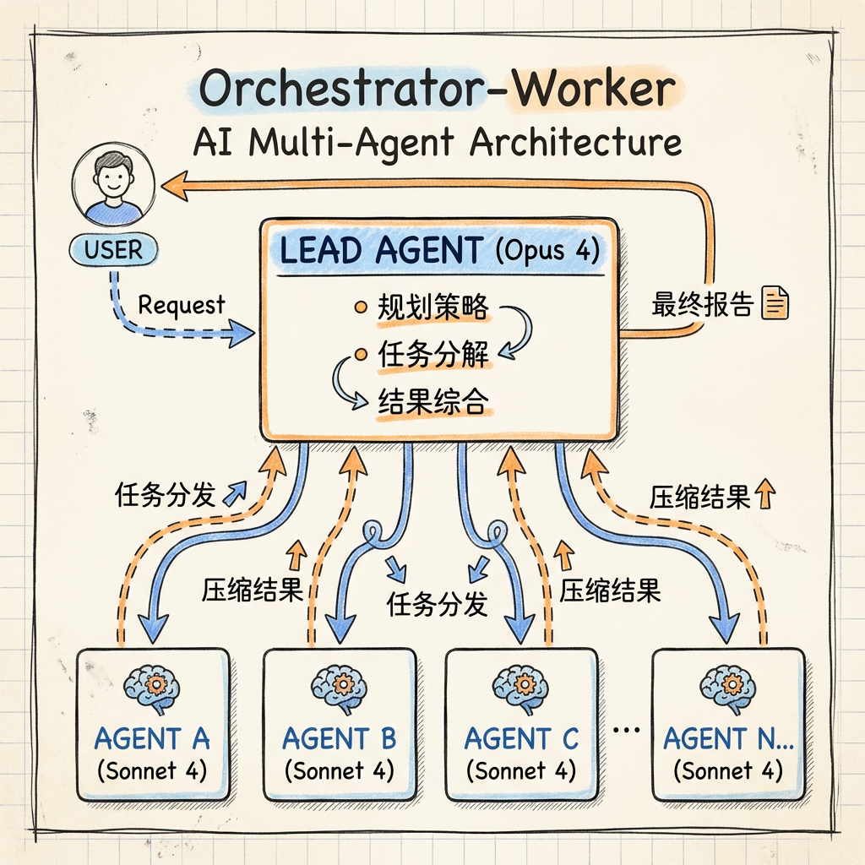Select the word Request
[x=182, y=304]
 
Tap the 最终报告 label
[x=701, y=304]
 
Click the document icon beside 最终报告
[x=775, y=303]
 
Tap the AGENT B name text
[x=339, y=740]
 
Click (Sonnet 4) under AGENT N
[x=728, y=771]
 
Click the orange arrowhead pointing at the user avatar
[x=174, y=185]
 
